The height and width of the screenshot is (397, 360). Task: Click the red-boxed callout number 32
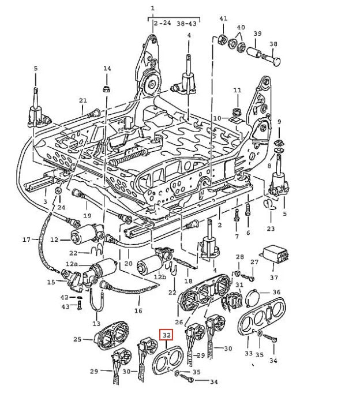click(x=166, y=335)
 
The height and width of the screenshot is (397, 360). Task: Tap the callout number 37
click(x=274, y=277)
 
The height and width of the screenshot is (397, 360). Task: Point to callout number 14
click(x=107, y=69)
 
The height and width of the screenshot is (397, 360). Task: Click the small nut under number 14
click(x=106, y=88)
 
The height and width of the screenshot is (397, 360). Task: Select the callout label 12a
click(x=72, y=264)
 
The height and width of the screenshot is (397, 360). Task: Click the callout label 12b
click(x=159, y=277)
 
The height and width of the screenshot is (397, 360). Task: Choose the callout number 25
click(x=77, y=340)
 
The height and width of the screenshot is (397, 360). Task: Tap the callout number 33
click(x=249, y=353)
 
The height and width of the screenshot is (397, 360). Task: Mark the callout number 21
click(x=82, y=100)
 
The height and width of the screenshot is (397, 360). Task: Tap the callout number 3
click(x=46, y=201)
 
